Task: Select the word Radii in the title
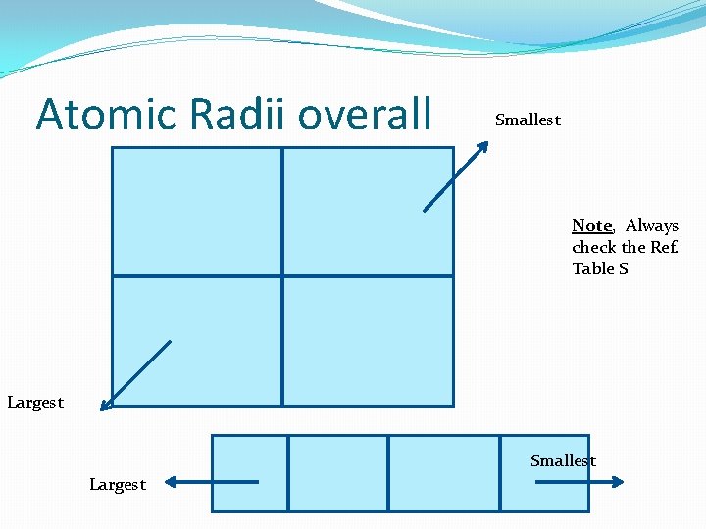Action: [220, 115]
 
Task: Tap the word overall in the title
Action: [365, 115]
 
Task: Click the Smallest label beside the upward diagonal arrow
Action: [528, 120]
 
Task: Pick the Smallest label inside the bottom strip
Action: [563, 461]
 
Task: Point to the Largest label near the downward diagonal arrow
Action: [34, 402]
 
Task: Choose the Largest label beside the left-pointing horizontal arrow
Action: [117, 484]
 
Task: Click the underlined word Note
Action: [591, 226]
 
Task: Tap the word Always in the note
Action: [652, 226]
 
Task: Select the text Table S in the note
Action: [600, 268]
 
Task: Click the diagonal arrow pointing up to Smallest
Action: [456, 176]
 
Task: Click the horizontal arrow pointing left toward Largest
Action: [211, 481]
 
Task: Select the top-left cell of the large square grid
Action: [197, 211]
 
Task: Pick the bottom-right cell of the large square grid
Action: [368, 341]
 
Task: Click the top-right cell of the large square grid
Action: [368, 211]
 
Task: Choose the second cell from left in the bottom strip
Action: [338, 473]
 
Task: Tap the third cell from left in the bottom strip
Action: [444, 473]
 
